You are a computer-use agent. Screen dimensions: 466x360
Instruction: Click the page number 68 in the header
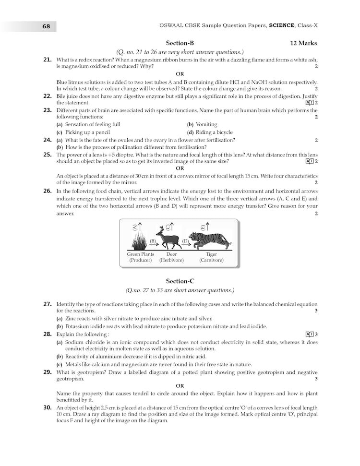click(x=46, y=26)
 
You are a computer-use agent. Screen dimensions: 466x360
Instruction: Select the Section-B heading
click(x=180, y=43)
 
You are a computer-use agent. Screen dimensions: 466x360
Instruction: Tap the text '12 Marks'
click(x=303, y=43)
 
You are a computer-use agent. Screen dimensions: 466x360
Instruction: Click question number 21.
click(x=48, y=60)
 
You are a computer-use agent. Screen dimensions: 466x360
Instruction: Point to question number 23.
click(x=48, y=110)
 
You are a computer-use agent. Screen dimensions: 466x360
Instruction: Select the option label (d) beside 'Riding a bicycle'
click(x=190, y=132)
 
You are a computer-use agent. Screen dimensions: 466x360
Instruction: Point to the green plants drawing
click(x=139, y=240)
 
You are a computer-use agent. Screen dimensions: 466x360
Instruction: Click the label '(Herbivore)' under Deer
click(x=171, y=260)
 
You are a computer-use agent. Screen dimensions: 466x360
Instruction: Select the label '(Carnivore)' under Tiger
click(x=211, y=260)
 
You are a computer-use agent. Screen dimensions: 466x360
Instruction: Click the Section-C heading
click(x=180, y=281)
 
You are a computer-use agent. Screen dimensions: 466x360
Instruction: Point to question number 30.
click(x=48, y=407)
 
